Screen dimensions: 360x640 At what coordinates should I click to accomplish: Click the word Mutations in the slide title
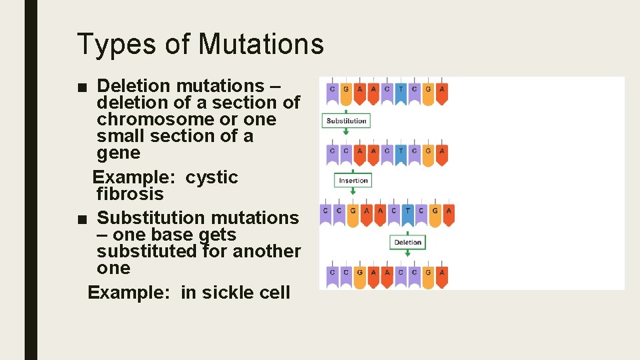click(x=261, y=45)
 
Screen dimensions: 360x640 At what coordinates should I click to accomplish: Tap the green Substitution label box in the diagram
click(x=346, y=121)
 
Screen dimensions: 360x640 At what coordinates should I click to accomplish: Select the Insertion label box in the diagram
click(x=353, y=180)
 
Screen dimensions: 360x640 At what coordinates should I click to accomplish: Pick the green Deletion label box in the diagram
click(x=407, y=242)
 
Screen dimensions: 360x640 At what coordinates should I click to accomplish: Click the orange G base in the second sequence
click(x=428, y=151)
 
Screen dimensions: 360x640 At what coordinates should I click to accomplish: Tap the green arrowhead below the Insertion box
click(x=353, y=193)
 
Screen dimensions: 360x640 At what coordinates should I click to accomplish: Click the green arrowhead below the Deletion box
click(x=407, y=255)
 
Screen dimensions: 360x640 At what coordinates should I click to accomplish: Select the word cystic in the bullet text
click(x=211, y=177)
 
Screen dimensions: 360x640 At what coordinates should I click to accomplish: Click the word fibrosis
click(x=130, y=194)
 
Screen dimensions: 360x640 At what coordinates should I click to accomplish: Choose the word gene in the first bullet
click(x=119, y=153)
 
